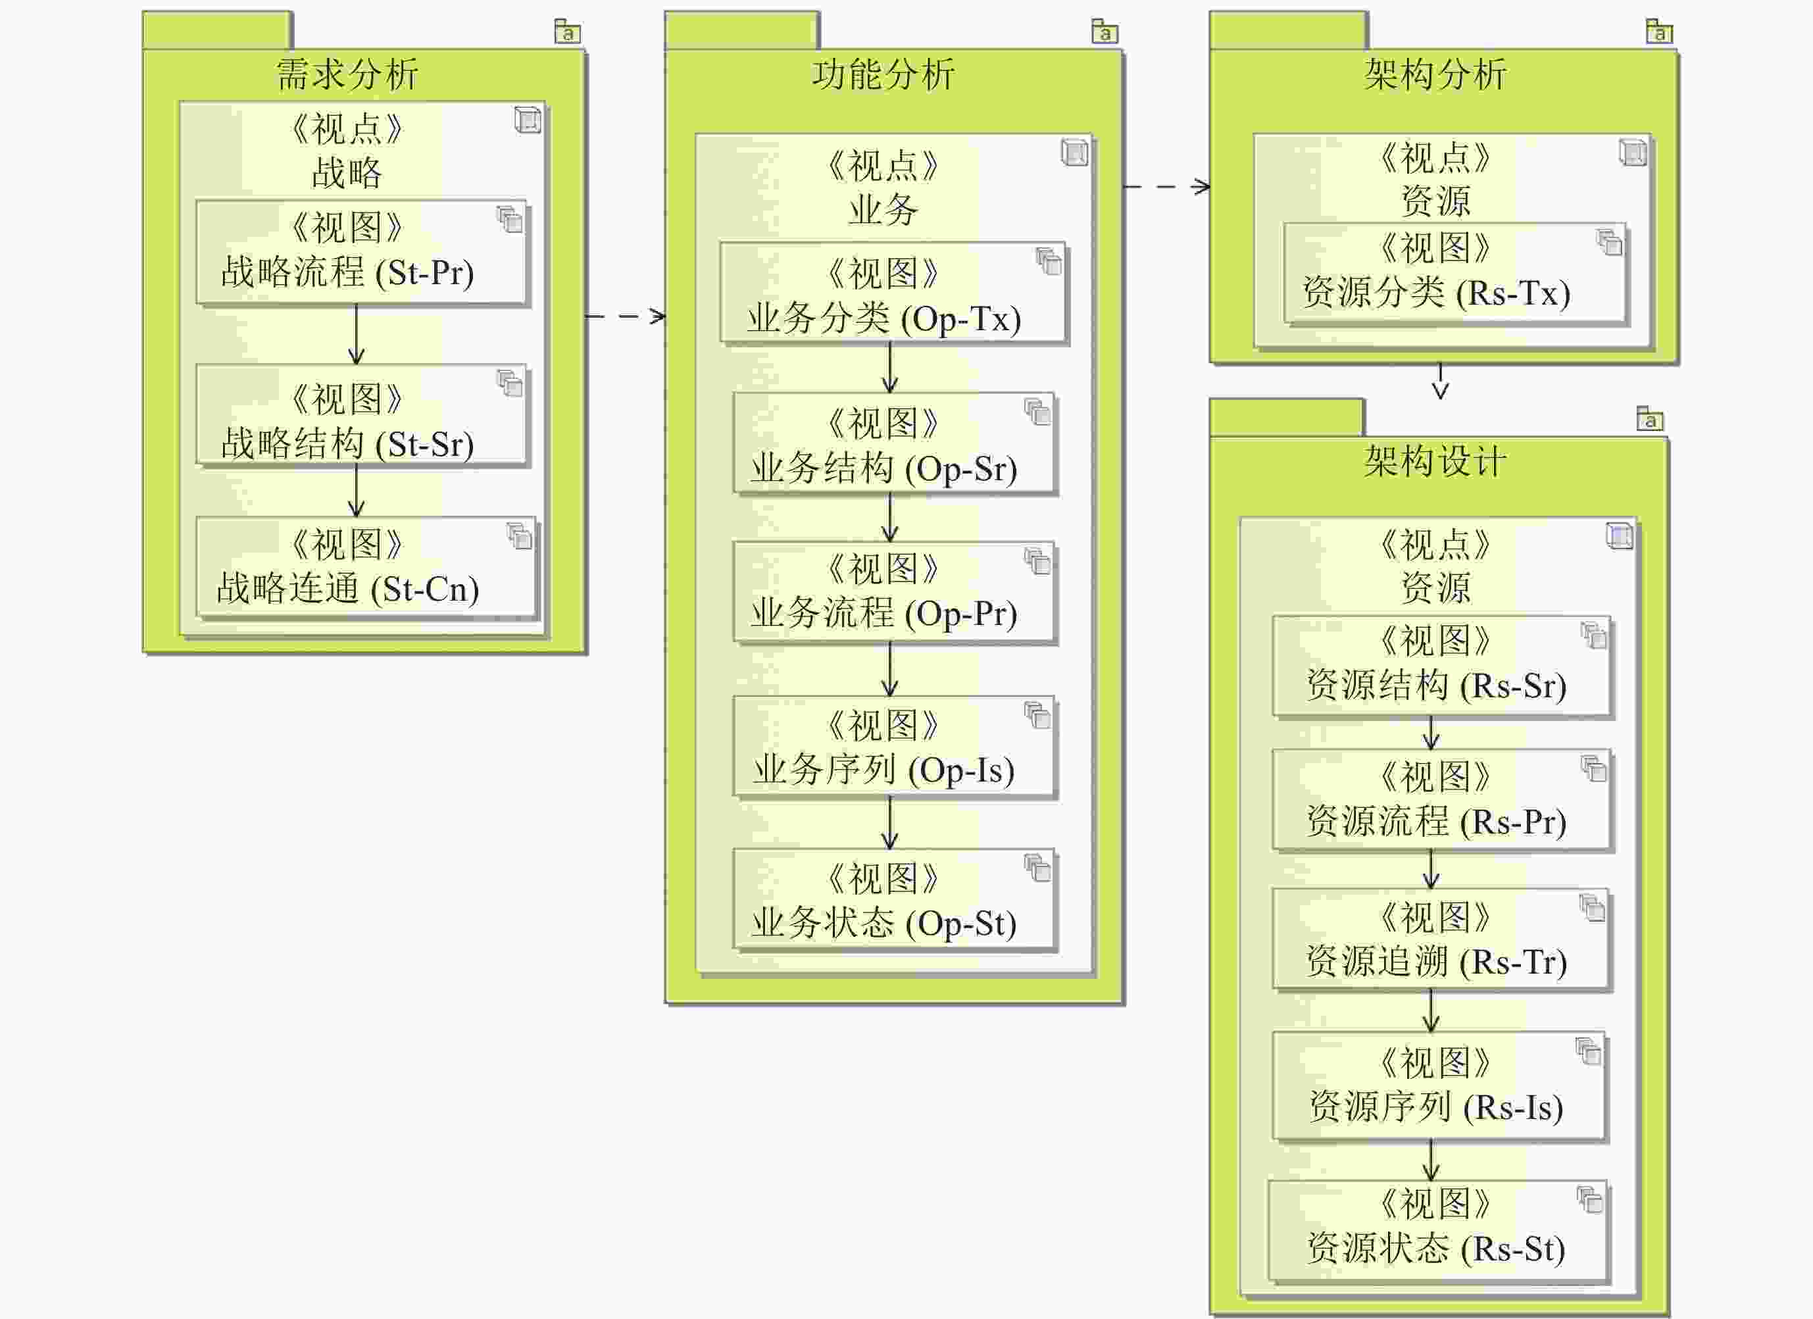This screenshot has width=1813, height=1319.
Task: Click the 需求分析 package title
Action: pyautogui.click(x=347, y=75)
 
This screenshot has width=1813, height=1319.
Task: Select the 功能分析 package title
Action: pyautogui.click(x=883, y=75)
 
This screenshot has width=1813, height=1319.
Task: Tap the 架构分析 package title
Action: pyautogui.click(x=1435, y=75)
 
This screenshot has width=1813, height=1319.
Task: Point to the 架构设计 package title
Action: pyautogui.click(x=1435, y=462)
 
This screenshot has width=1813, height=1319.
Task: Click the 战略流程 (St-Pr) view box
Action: pyautogui.click(x=360, y=252)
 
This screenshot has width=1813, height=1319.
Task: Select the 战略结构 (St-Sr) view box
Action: pyautogui.click(x=360, y=416)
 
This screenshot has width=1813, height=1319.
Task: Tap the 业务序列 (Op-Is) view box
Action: pyautogui.click(x=894, y=747)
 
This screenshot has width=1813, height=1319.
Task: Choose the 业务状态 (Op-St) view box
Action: pyautogui.click(x=894, y=901)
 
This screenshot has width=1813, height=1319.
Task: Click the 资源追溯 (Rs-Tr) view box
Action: pyautogui.click(x=1441, y=940)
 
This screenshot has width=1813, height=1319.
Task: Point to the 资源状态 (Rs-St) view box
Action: pyautogui.click(x=1437, y=1231)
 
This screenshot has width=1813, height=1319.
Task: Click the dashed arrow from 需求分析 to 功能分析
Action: pyautogui.click(x=625, y=316)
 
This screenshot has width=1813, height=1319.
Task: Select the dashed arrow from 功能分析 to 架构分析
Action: pyautogui.click(x=1166, y=187)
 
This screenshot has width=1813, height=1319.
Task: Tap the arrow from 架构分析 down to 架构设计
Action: pyautogui.click(x=1441, y=382)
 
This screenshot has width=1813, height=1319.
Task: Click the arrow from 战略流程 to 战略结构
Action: pyautogui.click(x=357, y=334)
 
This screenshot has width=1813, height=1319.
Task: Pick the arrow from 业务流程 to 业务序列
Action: pyautogui.click(x=889, y=669)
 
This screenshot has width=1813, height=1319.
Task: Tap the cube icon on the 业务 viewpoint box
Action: pyautogui.click(x=1074, y=152)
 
